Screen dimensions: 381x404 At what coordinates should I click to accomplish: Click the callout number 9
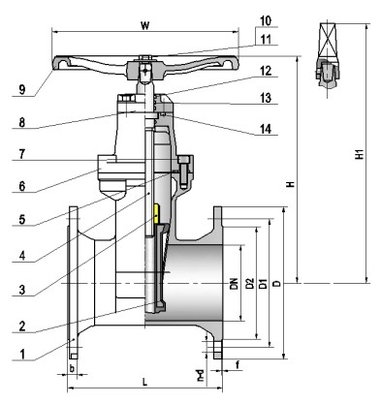coord(21,89)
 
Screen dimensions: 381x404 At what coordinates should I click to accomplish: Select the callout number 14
coord(266,129)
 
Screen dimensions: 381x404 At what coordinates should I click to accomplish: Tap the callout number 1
coord(22,355)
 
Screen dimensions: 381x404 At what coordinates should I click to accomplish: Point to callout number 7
coord(21,154)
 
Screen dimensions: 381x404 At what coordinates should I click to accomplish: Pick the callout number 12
coord(266,71)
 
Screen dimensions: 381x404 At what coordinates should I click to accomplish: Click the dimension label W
coord(145,25)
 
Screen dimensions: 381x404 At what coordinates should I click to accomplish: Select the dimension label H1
coord(360,154)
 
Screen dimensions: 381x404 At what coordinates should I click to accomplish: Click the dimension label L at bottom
coord(145,383)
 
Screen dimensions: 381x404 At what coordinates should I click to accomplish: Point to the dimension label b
coord(73,368)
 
